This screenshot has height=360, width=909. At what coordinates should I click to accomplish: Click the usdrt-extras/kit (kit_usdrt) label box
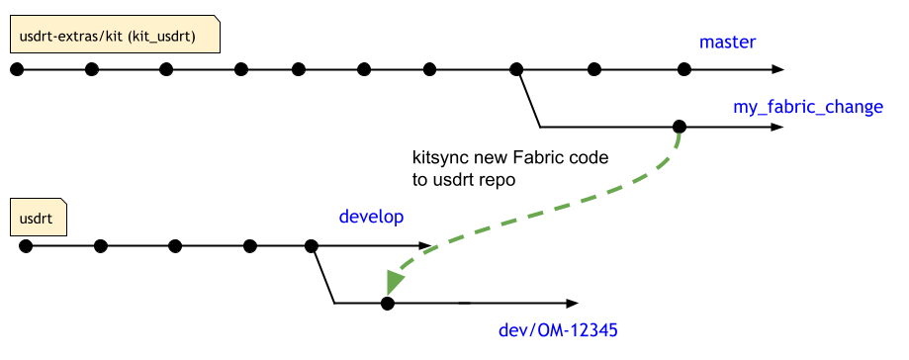[114, 37]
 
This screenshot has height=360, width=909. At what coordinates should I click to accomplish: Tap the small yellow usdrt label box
[38, 216]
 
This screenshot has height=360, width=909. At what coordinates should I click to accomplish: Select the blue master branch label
[727, 42]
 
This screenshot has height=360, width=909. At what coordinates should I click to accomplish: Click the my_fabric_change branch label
[807, 106]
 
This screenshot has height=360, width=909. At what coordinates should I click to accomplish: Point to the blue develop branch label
[371, 216]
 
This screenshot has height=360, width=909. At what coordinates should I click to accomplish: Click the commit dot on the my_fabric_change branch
[679, 127]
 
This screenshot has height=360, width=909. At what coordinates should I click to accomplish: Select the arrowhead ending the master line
[777, 69]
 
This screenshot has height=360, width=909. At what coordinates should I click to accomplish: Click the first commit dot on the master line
[16, 69]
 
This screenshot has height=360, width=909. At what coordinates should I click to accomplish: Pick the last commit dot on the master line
[683, 69]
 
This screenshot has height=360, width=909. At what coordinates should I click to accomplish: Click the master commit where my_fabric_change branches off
[515, 69]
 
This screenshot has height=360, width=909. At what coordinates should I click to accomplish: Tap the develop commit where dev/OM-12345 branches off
[311, 246]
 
